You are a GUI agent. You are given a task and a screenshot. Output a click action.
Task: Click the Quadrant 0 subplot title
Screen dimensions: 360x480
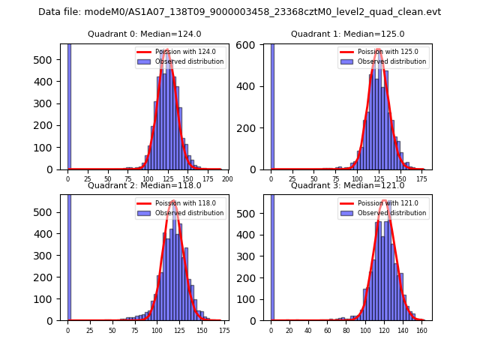click(144, 34)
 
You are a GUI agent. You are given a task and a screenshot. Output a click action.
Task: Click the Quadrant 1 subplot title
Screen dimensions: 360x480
click(347, 34)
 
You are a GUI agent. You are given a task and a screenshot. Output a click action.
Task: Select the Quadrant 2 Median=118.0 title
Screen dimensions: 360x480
click(144, 185)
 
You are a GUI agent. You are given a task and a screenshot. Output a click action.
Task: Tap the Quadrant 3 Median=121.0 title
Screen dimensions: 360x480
click(347, 185)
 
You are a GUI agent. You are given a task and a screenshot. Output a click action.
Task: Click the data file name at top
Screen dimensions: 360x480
click(239, 12)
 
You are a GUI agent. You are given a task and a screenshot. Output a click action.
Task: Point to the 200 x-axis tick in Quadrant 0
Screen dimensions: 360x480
click(227, 179)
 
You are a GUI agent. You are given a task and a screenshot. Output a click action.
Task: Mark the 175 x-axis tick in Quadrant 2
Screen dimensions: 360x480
click(223, 330)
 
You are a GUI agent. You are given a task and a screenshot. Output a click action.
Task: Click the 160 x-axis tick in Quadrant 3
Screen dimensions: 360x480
click(421, 330)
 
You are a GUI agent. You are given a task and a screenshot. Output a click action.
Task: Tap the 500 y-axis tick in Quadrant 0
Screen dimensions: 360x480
click(49, 59)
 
